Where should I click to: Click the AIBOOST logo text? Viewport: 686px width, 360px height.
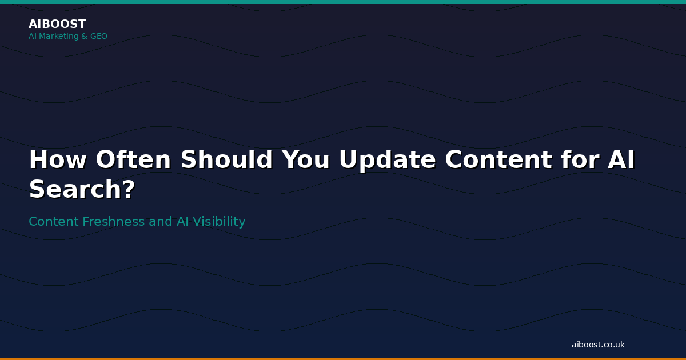pyautogui.click(x=57, y=24)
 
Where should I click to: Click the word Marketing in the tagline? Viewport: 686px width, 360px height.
pyautogui.click(x=59, y=36)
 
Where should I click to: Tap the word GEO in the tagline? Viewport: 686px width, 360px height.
pyautogui.click(x=98, y=36)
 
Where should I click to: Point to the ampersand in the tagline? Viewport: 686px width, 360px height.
pyautogui.click(x=84, y=36)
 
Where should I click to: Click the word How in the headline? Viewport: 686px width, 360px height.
pyautogui.click(x=58, y=159)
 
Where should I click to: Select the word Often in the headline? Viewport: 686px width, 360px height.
pyautogui.click(x=133, y=159)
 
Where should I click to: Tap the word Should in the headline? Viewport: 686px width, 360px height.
pyautogui.click(x=226, y=159)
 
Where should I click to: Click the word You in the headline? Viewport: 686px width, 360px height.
pyautogui.click(x=305, y=159)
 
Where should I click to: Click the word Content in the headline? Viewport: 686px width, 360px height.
pyautogui.click(x=498, y=159)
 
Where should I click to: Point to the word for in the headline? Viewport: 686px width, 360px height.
pyautogui.click(x=580, y=159)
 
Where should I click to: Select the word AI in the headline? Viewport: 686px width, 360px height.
pyautogui.click(x=621, y=159)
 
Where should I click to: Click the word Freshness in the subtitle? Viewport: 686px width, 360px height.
pyautogui.click(x=113, y=221)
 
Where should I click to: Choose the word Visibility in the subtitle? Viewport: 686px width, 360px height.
pyautogui.click(x=219, y=222)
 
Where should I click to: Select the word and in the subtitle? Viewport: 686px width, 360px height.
pyautogui.click(x=161, y=221)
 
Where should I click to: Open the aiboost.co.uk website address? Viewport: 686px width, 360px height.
pyautogui.click(x=598, y=345)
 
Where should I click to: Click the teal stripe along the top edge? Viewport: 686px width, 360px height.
pyautogui.click(x=343, y=2)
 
